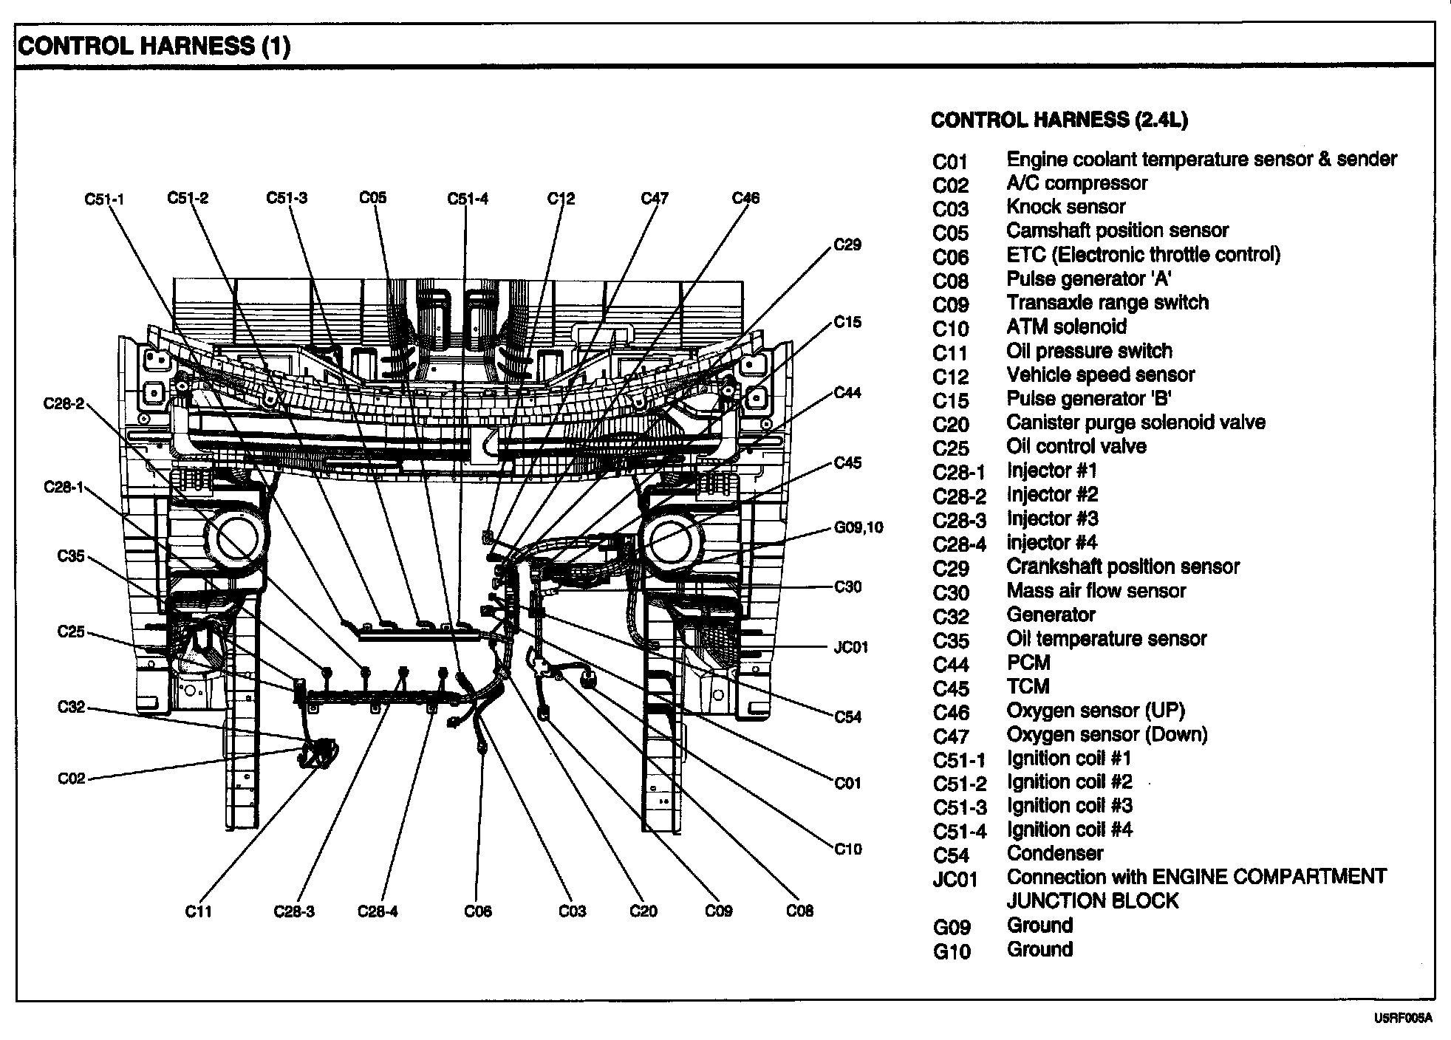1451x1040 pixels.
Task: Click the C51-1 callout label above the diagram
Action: click(104, 199)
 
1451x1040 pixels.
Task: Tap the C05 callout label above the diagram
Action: click(373, 197)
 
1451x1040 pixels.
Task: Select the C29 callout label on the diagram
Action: click(847, 244)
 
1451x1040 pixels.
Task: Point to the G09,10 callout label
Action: click(858, 527)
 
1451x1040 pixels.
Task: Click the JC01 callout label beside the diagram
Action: click(850, 647)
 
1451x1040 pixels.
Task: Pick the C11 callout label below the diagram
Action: click(199, 911)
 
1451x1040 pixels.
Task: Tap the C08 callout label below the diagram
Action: click(799, 911)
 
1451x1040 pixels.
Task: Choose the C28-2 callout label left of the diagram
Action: click(64, 403)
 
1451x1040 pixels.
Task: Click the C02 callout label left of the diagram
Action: click(72, 779)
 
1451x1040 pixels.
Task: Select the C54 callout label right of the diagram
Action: click(847, 716)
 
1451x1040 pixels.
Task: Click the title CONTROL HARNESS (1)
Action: click(154, 47)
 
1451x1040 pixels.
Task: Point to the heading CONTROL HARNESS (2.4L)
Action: click(1059, 120)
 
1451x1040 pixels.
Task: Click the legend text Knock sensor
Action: click(1065, 207)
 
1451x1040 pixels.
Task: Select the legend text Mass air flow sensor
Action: click(1096, 590)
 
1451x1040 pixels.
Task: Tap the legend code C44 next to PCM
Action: click(950, 664)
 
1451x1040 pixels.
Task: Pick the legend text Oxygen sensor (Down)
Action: click(1107, 734)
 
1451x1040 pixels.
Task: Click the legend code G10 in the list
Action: click(952, 951)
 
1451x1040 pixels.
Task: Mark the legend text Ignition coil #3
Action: click(1069, 805)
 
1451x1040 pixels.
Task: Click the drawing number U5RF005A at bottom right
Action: click(1403, 1019)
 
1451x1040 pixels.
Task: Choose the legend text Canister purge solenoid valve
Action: click(1136, 422)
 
